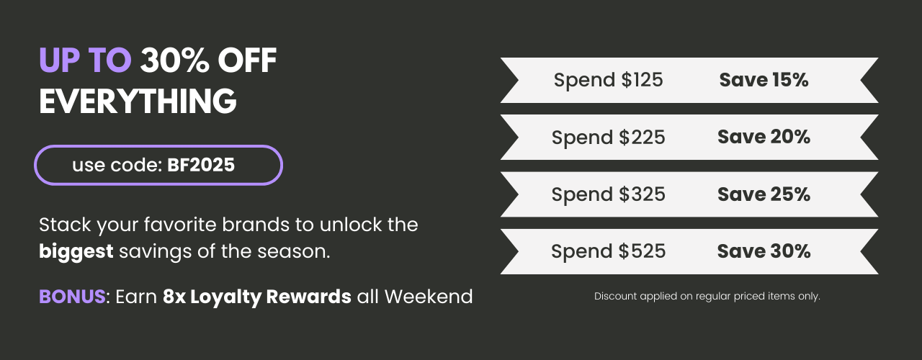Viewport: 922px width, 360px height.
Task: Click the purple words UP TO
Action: click(85, 60)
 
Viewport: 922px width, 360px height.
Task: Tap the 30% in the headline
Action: click(174, 60)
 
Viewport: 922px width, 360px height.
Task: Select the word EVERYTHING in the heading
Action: click(138, 101)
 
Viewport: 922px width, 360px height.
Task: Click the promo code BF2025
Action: click(201, 165)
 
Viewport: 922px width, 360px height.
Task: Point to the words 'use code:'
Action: click(117, 165)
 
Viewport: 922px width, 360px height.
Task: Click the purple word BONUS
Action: click(73, 296)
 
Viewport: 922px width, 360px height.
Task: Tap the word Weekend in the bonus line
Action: click(429, 296)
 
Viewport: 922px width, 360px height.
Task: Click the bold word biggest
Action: click(76, 252)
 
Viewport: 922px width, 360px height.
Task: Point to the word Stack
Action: click(65, 225)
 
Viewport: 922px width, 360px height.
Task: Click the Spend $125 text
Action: click(609, 80)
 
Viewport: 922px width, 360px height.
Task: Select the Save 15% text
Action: click(764, 80)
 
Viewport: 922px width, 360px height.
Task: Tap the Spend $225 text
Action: click(609, 137)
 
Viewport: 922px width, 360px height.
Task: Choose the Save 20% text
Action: click(764, 137)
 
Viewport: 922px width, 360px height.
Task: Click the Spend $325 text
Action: click(609, 194)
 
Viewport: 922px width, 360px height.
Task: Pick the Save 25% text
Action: click(764, 194)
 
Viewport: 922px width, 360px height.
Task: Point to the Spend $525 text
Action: click(609, 251)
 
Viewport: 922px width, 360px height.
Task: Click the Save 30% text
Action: click(764, 251)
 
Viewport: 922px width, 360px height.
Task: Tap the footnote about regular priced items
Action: click(707, 296)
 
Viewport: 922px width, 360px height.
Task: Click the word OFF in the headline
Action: click(247, 60)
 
